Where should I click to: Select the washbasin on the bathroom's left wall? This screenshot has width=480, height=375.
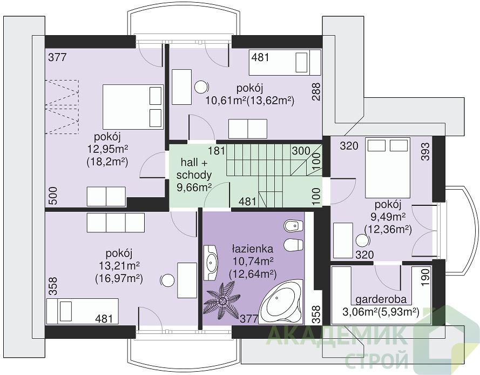(x=211, y=262)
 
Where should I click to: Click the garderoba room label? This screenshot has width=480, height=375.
(x=381, y=299)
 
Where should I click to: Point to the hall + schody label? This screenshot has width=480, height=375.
(x=194, y=169)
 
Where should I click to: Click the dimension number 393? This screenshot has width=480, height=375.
(x=425, y=152)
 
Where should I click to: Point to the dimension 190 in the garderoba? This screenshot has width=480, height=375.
(x=425, y=277)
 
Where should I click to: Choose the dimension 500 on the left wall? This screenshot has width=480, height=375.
(x=53, y=196)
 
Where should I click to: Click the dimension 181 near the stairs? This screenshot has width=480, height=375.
(x=217, y=151)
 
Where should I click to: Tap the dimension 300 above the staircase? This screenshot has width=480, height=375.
(x=301, y=151)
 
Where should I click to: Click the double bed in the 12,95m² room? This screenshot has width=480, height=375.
(x=132, y=107)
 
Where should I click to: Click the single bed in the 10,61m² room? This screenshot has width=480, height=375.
(x=285, y=62)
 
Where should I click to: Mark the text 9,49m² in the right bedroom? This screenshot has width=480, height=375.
(x=388, y=217)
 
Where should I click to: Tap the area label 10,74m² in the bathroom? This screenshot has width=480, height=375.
(x=253, y=262)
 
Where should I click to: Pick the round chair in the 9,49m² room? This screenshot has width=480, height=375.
(x=362, y=240)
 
